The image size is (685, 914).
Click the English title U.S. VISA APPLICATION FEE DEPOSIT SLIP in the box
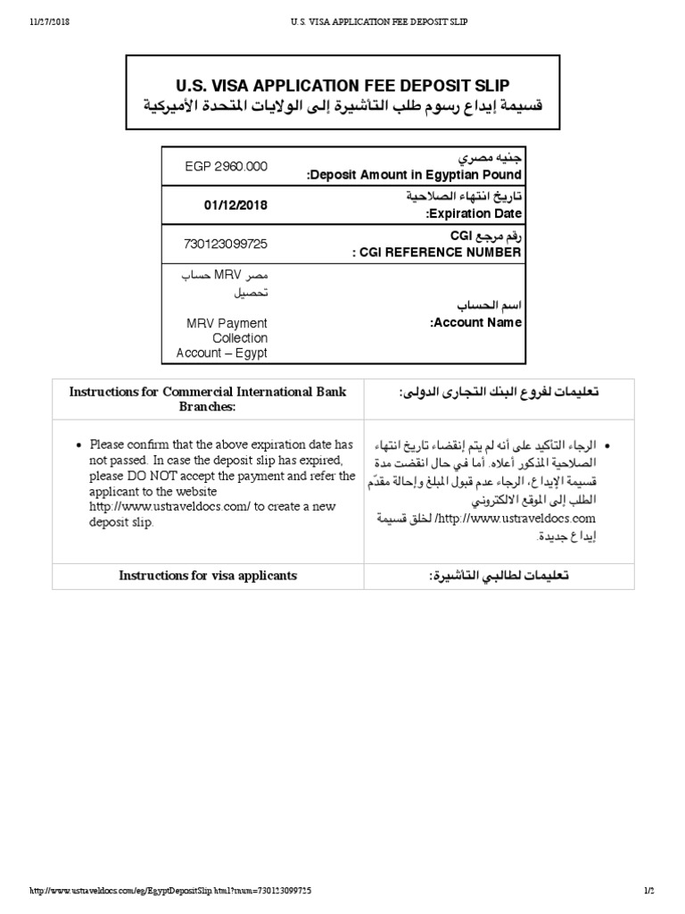(342, 85)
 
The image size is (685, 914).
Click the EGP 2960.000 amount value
(227, 167)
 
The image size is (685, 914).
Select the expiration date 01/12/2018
(235, 205)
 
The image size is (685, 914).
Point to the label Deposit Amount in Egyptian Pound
(415, 176)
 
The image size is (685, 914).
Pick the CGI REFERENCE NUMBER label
(437, 253)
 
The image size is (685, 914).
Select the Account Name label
(476, 322)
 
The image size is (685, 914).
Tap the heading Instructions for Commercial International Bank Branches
(208, 399)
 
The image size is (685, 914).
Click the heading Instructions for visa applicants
(208, 576)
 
